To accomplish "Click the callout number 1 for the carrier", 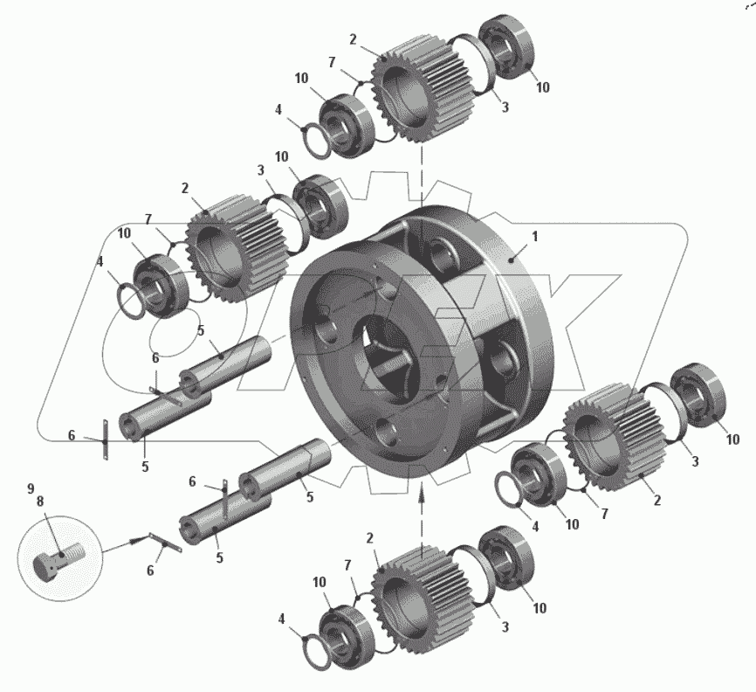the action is point(534,237).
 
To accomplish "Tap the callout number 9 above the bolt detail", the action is point(31,488).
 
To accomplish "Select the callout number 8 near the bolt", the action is point(40,502).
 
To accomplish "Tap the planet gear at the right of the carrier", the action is point(615,437).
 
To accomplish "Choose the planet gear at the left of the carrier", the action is point(237,248).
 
